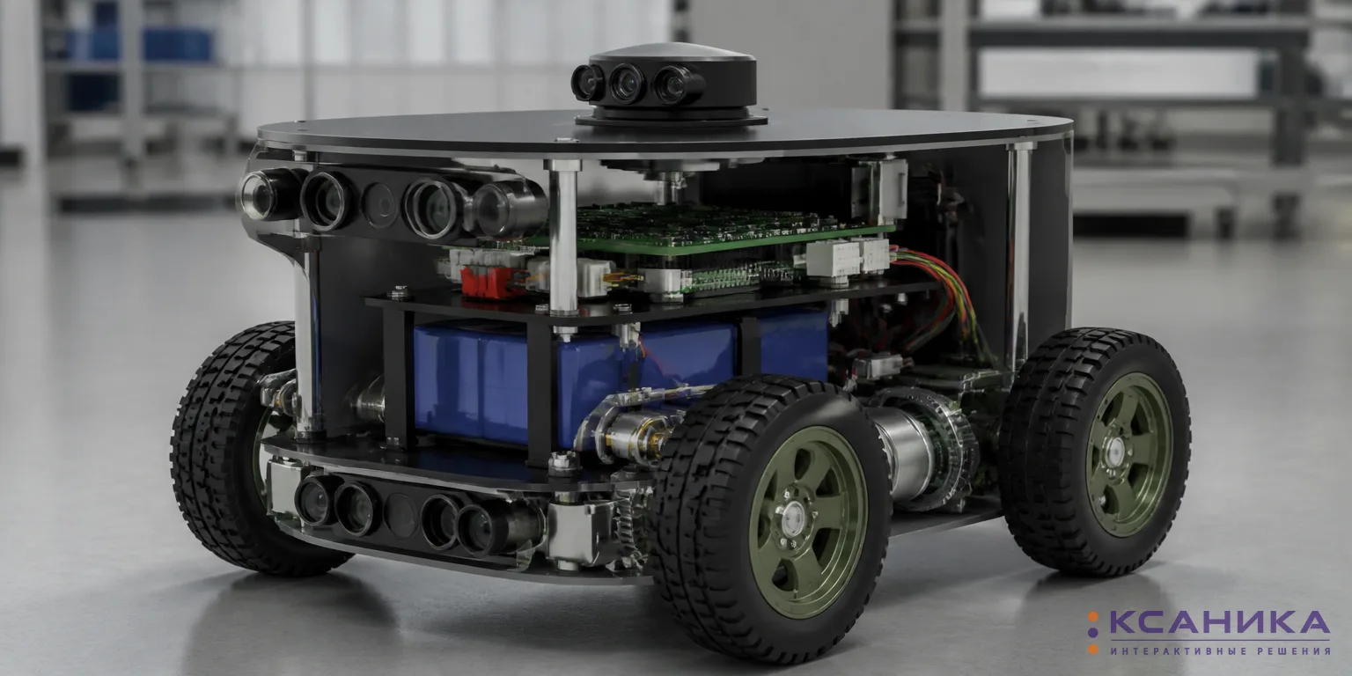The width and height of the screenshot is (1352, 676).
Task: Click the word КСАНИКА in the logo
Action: [1220, 623]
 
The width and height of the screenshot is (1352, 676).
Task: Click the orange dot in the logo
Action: [1093, 649]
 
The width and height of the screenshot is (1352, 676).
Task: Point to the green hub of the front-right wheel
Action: [807, 521]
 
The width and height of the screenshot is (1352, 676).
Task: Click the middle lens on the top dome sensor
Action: [628, 84]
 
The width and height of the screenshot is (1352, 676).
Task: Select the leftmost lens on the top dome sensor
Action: [587, 83]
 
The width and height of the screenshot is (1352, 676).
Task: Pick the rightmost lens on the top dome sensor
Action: [672, 85]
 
